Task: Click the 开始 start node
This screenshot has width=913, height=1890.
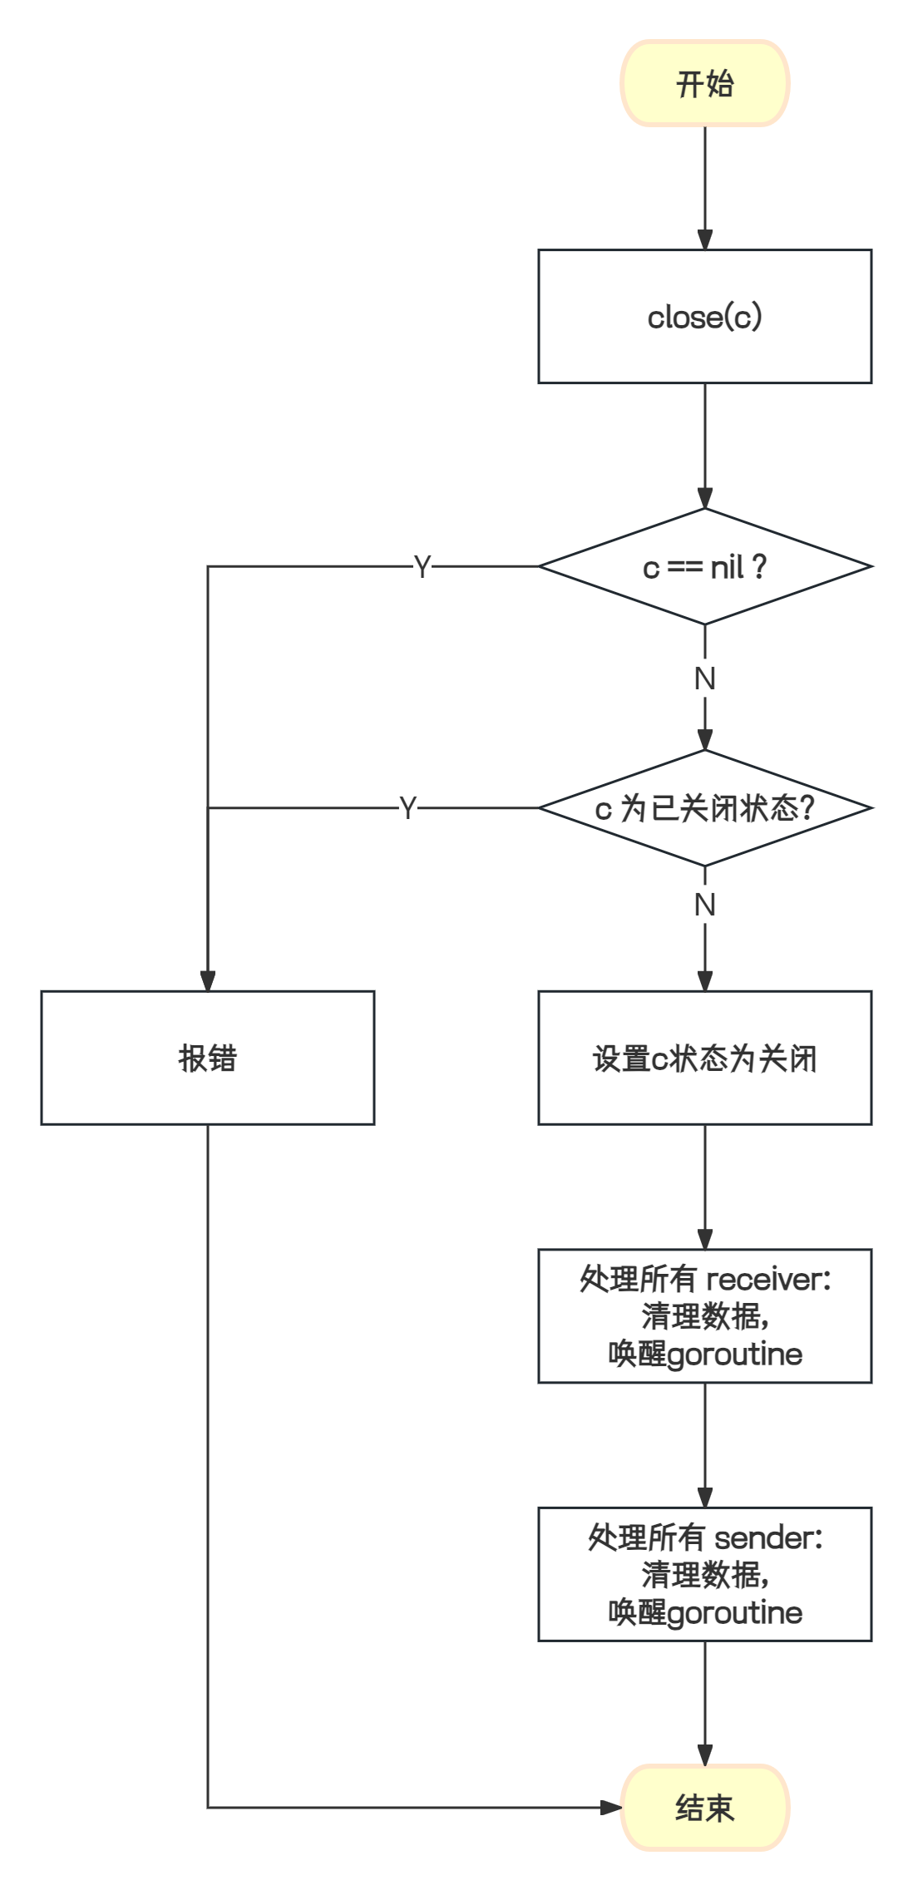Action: tap(704, 84)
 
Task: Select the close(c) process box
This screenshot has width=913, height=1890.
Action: tap(704, 317)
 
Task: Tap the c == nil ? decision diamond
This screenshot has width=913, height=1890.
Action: tap(704, 567)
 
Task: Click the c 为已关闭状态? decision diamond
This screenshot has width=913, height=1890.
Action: tap(704, 808)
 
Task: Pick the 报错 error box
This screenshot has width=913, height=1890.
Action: tap(207, 1058)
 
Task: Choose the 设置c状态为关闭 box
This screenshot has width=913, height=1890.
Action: tap(704, 1058)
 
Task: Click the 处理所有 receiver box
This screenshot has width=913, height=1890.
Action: tap(704, 1315)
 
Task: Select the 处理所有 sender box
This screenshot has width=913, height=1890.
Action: tap(704, 1573)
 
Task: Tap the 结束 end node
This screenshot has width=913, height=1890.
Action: tap(704, 1808)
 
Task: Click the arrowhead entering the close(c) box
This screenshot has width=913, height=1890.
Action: tap(705, 241)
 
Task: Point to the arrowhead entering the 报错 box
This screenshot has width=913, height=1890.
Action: tap(207, 982)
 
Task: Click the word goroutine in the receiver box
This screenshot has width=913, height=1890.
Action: tap(735, 1355)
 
